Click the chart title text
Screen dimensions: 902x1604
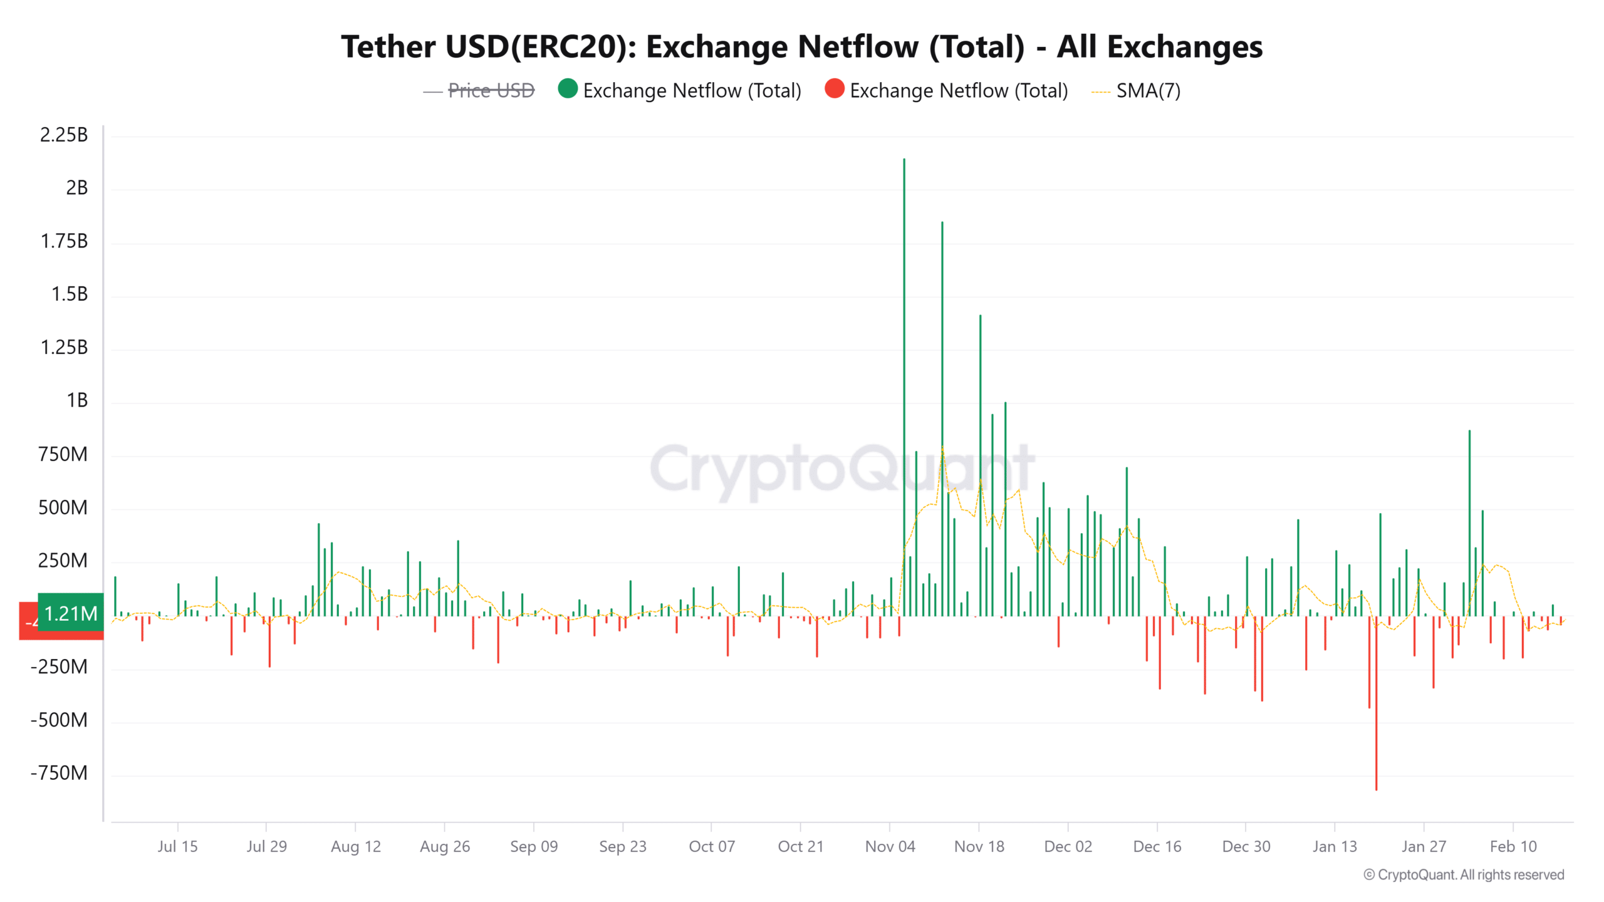coord(801,47)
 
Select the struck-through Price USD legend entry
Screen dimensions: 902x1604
coord(491,91)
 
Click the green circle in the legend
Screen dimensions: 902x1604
coord(568,89)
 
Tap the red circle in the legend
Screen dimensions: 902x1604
coord(835,89)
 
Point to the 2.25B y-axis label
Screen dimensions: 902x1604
coord(64,135)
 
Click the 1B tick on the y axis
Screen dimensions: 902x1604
coord(77,400)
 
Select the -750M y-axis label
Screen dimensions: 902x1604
coord(60,773)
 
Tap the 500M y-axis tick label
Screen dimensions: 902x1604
coord(63,507)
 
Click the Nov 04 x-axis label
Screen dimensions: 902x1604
coord(890,846)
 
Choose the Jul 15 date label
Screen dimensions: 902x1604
coord(177,846)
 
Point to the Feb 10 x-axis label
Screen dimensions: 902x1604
coord(1513,846)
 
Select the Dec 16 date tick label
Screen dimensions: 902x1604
coord(1157,846)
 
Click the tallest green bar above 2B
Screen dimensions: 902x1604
coord(904,376)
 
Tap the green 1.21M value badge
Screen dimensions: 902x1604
coord(71,613)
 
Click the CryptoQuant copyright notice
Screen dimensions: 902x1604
coord(1464,874)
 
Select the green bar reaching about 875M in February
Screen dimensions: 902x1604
coord(1469,520)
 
